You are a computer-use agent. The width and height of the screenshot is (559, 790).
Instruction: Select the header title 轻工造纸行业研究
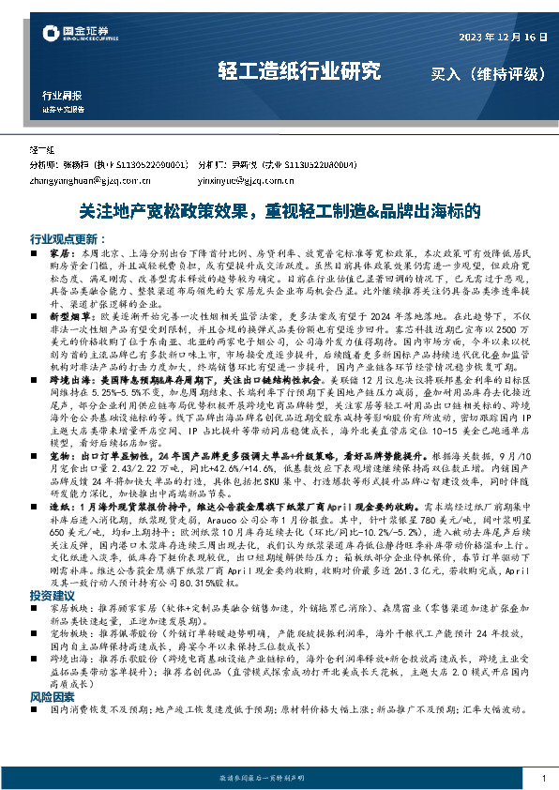300,70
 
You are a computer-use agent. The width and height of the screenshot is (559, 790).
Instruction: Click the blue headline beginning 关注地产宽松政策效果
279,212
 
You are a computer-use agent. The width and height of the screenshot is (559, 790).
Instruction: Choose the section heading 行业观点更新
64,238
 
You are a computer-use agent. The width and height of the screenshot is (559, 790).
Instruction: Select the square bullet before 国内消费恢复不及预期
35,712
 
